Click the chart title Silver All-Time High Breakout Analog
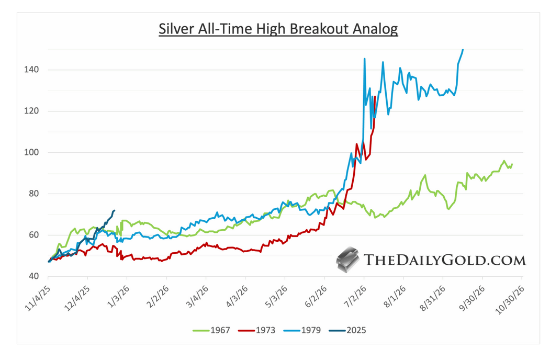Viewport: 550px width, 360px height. pyautogui.click(x=278, y=29)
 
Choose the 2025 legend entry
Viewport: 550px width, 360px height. pyautogui.click(x=355, y=330)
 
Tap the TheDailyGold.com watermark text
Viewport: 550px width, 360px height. pyautogui.click(x=444, y=260)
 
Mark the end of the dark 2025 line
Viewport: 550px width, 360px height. pyautogui.click(x=114, y=210)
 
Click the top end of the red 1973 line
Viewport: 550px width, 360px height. pyautogui.click(x=375, y=96)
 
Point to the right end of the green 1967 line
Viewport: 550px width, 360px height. pyautogui.click(x=512, y=164)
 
